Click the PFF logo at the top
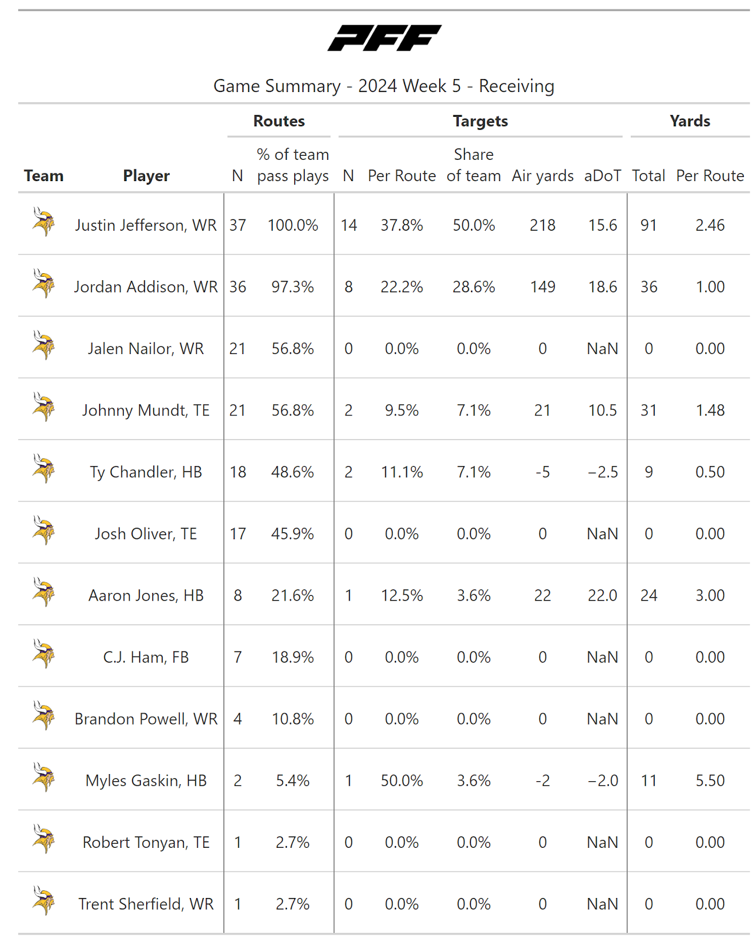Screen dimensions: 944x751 pos(384,38)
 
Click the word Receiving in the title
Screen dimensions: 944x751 pos(516,86)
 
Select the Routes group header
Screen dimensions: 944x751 pos(279,121)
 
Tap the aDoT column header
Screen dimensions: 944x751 pos(602,176)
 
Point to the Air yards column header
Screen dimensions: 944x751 pos(542,176)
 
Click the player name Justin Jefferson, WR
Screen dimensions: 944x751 pos(146,225)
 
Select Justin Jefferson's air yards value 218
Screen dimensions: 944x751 pos(542,225)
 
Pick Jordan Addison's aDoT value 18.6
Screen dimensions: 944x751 pos(602,287)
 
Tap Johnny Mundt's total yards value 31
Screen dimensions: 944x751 pos(648,410)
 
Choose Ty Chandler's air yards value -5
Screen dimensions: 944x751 pos(542,472)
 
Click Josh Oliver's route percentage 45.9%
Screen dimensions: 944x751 pos(292,534)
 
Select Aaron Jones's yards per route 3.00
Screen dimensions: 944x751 pos(710,595)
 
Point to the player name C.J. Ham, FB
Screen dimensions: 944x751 pos(146,657)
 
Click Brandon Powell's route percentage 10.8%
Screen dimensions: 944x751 pos(292,719)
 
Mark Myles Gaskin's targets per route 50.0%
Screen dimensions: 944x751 pos(401,781)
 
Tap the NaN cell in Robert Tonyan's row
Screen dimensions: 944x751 pos(602,843)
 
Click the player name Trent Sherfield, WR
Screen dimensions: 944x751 pos(146,904)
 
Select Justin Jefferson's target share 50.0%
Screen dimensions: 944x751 pos(473,225)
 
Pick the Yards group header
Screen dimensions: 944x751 pos(690,121)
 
